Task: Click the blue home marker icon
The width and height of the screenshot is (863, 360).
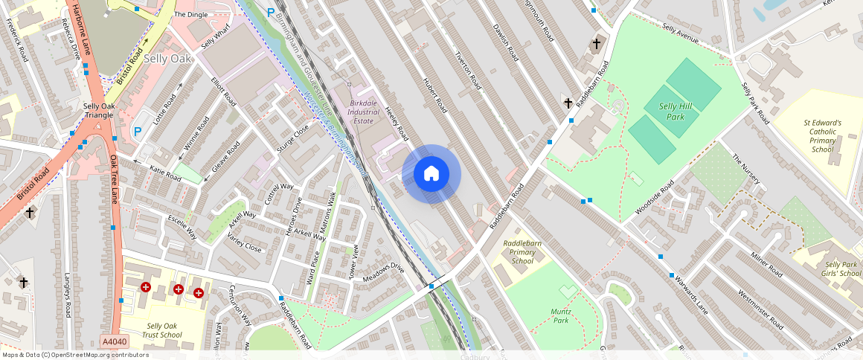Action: tap(431, 174)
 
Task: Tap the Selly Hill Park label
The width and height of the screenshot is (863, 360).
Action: tap(676, 112)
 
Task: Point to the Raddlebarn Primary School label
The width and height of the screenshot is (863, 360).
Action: tap(522, 251)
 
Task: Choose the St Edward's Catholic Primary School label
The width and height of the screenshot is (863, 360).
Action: tap(822, 136)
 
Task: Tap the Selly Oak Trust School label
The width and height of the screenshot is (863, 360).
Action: tap(164, 330)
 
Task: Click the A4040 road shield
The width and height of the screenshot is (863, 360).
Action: tap(114, 341)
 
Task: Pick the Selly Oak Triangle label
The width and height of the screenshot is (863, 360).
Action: tap(98, 111)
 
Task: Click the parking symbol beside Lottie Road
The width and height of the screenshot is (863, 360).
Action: tap(137, 132)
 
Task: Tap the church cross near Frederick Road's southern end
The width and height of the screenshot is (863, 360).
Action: tap(30, 213)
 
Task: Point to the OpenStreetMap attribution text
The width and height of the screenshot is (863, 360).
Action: tap(74, 355)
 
